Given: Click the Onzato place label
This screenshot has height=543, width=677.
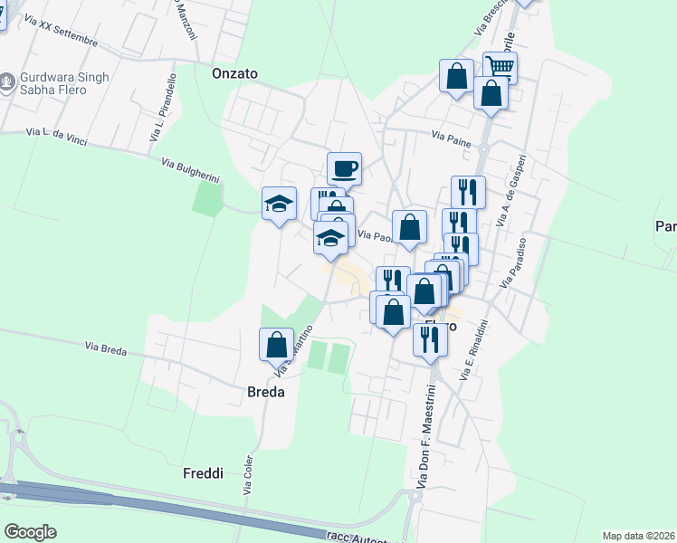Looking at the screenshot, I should click(234, 73).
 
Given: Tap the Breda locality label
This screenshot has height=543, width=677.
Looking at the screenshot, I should click(266, 393).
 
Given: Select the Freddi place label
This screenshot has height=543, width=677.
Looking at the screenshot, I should click(203, 473).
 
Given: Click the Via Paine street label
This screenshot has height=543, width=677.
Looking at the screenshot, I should click(451, 137).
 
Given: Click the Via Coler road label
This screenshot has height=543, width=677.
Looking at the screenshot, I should click(248, 474).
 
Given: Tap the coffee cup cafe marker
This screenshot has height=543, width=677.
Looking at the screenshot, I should click(344, 168).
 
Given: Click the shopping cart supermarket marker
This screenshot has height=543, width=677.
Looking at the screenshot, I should click(500, 65).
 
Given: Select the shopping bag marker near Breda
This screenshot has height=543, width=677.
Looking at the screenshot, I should click(276, 345).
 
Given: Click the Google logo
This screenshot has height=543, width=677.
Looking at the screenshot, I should click(30, 532).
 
